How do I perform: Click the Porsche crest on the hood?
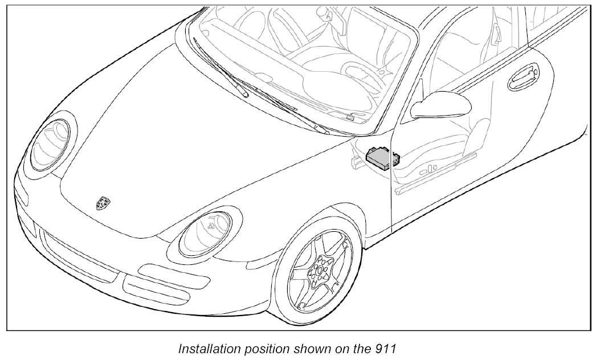click(x=103, y=203)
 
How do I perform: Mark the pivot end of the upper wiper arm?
click(x=245, y=95)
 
